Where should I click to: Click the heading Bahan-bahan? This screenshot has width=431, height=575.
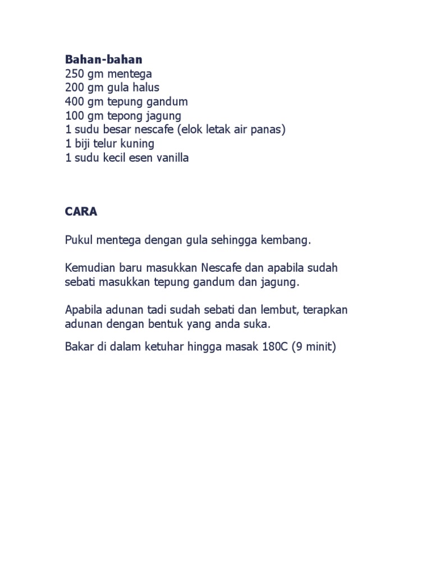[103, 60]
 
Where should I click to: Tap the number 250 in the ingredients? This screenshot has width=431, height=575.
[74, 74]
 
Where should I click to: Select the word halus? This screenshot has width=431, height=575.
[145, 88]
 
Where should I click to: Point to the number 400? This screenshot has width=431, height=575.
[74, 102]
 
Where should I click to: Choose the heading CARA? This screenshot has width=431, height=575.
[81, 212]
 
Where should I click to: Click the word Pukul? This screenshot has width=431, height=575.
[79, 240]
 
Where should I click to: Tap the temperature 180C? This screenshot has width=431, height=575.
[273, 347]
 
